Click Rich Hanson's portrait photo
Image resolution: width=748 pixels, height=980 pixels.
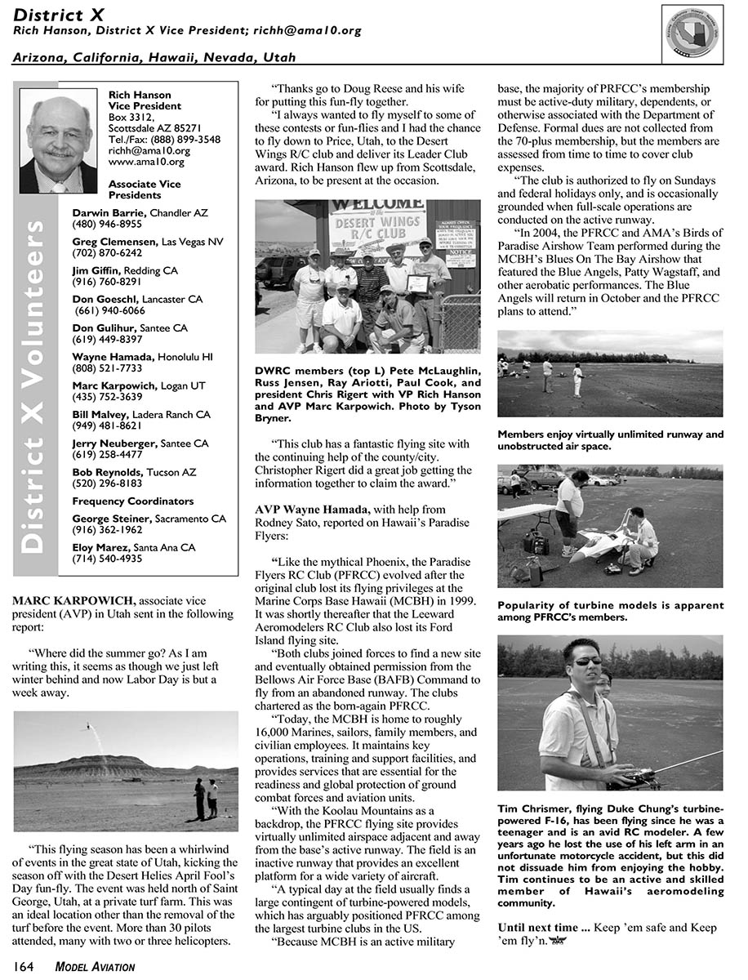point(58,140)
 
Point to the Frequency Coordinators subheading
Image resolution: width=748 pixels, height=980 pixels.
point(133,501)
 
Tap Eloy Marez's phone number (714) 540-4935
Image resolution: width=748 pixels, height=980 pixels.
point(107,559)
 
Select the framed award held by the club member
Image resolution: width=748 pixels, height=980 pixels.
point(418,283)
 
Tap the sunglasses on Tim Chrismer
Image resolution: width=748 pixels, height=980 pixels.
point(585,661)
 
